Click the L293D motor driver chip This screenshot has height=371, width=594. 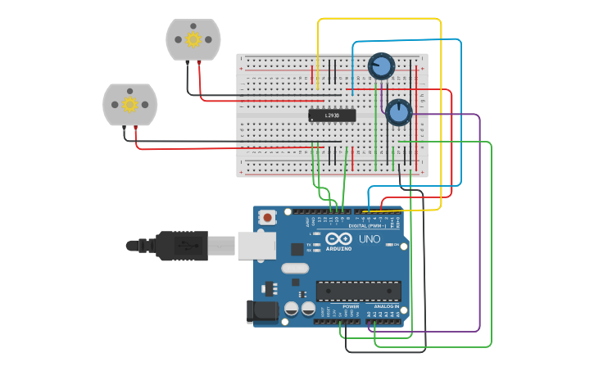[332, 115]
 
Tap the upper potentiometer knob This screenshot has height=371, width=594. [381, 65]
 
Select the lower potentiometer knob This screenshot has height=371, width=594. [398, 111]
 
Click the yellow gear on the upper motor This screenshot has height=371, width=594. [193, 39]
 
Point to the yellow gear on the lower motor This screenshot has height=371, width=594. [129, 104]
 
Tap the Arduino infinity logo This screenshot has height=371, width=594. [338, 239]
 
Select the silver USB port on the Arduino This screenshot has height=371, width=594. [256, 245]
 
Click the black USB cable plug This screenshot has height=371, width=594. [184, 245]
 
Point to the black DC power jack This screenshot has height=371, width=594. [261, 310]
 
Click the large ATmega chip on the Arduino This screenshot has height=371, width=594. [358, 291]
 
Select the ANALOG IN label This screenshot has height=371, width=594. [385, 306]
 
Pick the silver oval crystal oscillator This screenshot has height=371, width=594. [295, 268]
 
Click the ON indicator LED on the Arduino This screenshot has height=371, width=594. [389, 244]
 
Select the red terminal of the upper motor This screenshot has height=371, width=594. [200, 63]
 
